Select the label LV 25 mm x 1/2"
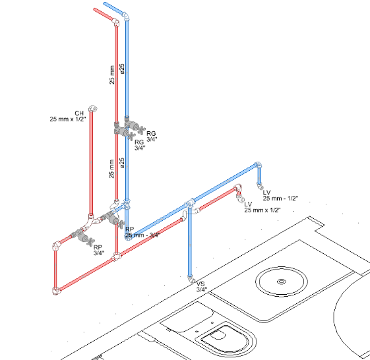click(262, 207)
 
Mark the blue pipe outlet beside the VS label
click(191, 280)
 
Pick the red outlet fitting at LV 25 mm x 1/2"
click(242, 200)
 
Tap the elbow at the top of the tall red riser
click(116, 22)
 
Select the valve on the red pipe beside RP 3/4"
click(84, 235)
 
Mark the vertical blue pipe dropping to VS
click(191, 244)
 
